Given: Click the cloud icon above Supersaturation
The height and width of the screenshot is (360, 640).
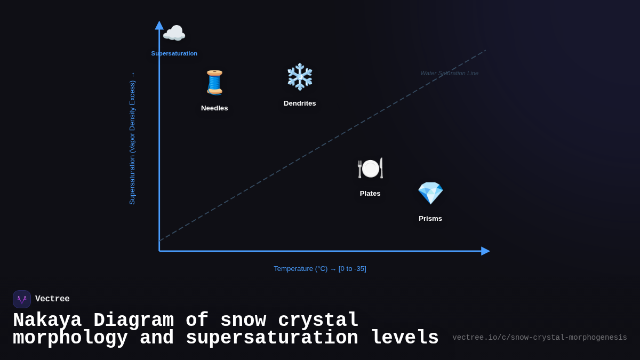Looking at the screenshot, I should (174, 33).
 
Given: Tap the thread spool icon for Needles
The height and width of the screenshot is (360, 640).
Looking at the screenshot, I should (214, 83).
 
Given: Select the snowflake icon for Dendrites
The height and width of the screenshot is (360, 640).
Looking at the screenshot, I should (300, 77).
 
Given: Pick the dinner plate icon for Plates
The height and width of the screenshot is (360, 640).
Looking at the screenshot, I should (370, 168).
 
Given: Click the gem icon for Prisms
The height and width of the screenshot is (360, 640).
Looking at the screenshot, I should (430, 193).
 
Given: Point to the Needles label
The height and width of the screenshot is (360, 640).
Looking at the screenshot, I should (214, 108).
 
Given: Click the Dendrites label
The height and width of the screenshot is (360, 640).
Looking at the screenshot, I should (300, 103).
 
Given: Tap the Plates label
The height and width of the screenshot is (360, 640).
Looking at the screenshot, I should (370, 194).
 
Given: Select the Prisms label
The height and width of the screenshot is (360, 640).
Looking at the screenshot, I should (430, 219).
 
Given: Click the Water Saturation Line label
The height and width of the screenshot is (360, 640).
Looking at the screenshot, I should (449, 74).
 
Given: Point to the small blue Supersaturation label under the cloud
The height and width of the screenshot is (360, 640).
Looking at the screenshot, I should (174, 54).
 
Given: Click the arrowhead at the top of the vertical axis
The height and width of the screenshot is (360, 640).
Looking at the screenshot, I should (159, 25).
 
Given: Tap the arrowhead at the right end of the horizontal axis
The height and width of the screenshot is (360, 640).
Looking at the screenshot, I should (485, 251).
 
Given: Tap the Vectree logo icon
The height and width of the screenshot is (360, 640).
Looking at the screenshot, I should (22, 299).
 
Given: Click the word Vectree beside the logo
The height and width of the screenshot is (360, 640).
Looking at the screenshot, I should (52, 299).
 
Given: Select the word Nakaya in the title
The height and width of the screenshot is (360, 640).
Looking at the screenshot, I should (47, 321).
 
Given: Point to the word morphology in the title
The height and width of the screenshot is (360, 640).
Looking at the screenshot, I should (70, 338).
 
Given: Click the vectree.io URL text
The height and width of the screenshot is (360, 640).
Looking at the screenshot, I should (539, 338).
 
